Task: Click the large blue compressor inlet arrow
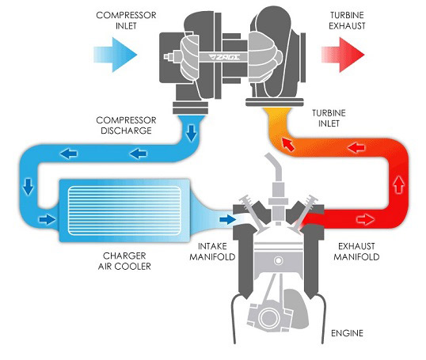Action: pyautogui.click(x=116, y=55)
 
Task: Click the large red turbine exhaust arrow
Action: pyautogui.click(x=343, y=55)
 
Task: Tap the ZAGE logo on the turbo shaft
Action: pyautogui.click(x=224, y=57)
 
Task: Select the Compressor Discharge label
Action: pyautogui.click(x=126, y=126)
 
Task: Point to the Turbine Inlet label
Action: pyautogui.click(x=329, y=118)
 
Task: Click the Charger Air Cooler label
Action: pyautogui.click(x=124, y=261)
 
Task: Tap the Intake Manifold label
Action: pyautogui.click(x=212, y=252)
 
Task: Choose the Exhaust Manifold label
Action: pyautogui.click(x=356, y=252)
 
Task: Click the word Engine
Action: pyautogui.click(x=347, y=333)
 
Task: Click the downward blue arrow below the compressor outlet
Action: pyautogui.click(x=192, y=133)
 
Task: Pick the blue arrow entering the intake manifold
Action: pyautogui.click(x=228, y=219)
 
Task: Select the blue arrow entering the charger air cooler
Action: pyautogui.click(x=48, y=219)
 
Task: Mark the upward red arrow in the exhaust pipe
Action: pyautogui.click(x=399, y=184)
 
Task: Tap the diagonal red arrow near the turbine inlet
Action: pyautogui.click(x=288, y=144)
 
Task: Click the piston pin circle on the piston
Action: pyautogui.click(x=278, y=261)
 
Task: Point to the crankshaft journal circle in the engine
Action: pyautogui.click(x=268, y=318)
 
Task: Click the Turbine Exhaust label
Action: pyautogui.click(x=347, y=21)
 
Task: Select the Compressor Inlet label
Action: pyautogui.click(x=126, y=21)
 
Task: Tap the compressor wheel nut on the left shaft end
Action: pyautogui.click(x=169, y=57)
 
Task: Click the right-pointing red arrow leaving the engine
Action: pyautogui.click(x=366, y=219)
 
